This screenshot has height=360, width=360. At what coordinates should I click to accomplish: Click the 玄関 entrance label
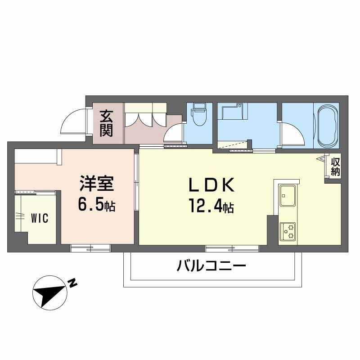[106, 123]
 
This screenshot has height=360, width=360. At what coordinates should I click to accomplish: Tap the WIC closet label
[39, 218]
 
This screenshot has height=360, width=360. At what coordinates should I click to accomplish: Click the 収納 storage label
[335, 166]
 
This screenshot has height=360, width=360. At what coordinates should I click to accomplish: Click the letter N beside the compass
[72, 283]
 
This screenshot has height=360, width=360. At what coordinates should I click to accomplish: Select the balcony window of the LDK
[232, 248]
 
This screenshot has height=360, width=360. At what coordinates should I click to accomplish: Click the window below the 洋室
[90, 248]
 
